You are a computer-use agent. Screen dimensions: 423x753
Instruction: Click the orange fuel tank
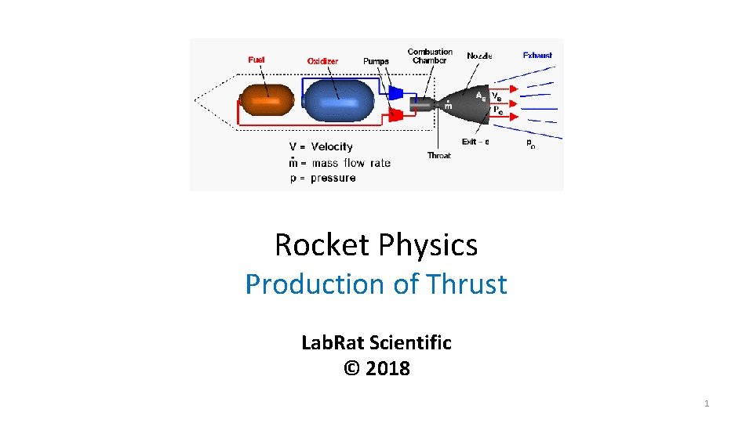tap(267, 101)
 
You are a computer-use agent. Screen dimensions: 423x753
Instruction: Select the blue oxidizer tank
tap(338, 100)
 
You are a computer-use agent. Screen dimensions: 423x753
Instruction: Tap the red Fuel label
tap(256, 60)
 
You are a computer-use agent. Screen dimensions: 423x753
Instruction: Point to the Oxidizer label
tap(322, 60)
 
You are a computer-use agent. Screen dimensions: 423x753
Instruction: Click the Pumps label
tap(376, 61)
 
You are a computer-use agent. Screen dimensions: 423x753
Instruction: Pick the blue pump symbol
tap(396, 93)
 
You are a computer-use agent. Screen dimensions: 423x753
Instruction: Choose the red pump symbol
tap(396, 116)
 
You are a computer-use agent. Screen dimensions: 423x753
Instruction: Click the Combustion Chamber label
tap(430, 56)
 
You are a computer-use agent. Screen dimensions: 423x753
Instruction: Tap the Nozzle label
tap(479, 56)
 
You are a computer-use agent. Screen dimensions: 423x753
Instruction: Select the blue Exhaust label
tap(537, 56)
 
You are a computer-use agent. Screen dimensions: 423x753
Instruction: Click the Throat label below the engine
tap(438, 155)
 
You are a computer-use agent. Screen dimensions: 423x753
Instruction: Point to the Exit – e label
tap(475, 142)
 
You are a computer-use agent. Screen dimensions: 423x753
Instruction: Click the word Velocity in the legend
tap(332, 146)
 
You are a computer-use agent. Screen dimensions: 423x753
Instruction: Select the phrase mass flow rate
tap(350, 163)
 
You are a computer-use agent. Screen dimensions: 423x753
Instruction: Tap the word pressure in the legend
tap(333, 178)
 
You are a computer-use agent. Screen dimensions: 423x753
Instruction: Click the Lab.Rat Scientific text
tap(376, 342)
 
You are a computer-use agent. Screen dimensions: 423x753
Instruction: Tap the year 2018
tap(387, 368)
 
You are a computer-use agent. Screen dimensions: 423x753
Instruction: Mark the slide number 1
tap(707, 403)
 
